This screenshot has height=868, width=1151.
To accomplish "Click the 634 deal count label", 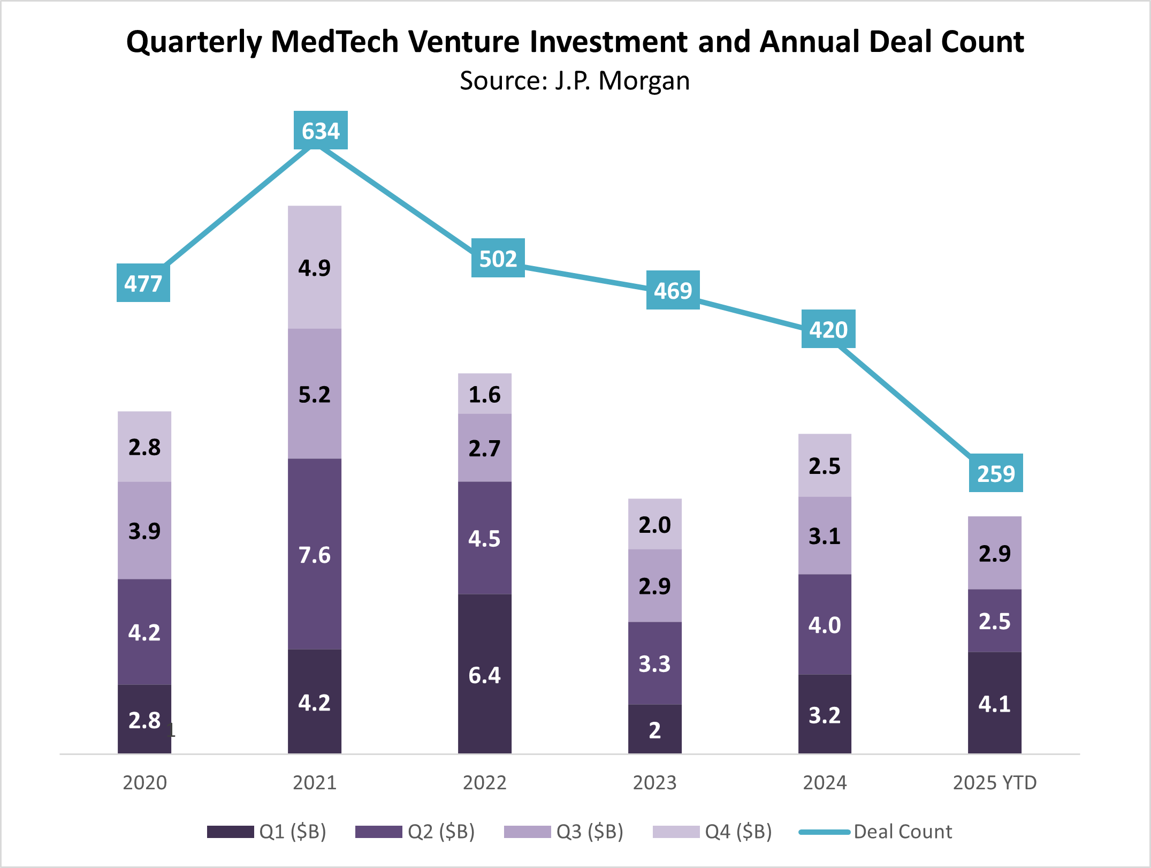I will click(x=321, y=131).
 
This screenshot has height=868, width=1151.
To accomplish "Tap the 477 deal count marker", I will click(x=143, y=283).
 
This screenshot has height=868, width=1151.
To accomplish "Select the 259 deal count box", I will click(x=996, y=473).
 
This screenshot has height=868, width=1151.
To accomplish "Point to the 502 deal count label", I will click(x=498, y=259).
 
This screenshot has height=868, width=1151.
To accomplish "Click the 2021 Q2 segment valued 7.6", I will click(x=315, y=554).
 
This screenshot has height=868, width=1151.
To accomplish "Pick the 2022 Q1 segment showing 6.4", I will click(x=485, y=674).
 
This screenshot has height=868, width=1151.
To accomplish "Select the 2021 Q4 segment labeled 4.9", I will click(x=315, y=267).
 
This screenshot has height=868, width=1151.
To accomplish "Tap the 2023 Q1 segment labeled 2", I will click(x=655, y=729).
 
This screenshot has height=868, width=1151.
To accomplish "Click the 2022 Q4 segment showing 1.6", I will click(x=485, y=394).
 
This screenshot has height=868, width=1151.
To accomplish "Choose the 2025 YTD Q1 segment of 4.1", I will click(x=995, y=703).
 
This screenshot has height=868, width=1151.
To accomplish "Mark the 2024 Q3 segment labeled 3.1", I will click(x=825, y=535).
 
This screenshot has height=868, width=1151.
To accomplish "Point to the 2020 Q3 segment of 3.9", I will click(x=144, y=531).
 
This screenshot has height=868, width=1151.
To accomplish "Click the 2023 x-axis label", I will click(x=655, y=783).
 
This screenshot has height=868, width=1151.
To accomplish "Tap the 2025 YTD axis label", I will click(x=995, y=783).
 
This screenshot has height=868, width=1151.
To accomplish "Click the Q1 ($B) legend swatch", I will click(x=231, y=832).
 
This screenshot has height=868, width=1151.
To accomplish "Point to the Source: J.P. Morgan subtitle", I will click(x=575, y=81).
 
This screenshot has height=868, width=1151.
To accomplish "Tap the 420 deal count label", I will click(x=828, y=329).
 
